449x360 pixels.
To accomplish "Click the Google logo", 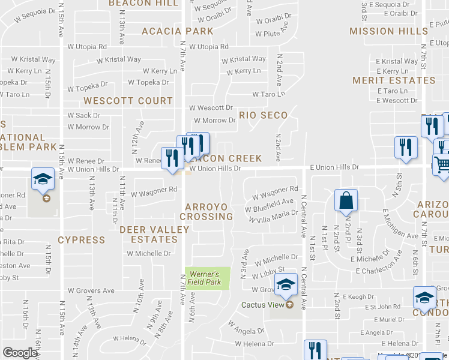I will pyautogui.click(x=20, y=353).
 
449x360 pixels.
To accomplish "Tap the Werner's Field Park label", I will pyautogui.click(x=205, y=278).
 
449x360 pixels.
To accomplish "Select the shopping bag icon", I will pyautogui.click(x=347, y=203).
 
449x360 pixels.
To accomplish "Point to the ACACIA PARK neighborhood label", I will pyautogui.click(x=177, y=31).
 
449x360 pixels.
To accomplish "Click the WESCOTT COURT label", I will pyautogui.click(x=128, y=101).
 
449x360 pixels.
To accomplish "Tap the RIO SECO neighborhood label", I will pyautogui.click(x=264, y=115).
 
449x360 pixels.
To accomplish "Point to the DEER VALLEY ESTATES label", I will pyautogui.click(x=149, y=235).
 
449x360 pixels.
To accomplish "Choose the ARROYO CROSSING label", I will pyautogui.click(x=206, y=212).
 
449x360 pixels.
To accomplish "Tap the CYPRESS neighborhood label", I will pyautogui.click(x=82, y=240).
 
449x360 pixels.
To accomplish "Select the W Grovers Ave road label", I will pyautogui.click(x=91, y=291).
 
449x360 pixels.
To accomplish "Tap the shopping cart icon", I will pyautogui.click(x=442, y=165).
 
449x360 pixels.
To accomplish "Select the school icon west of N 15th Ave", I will pyautogui.click(x=43, y=180).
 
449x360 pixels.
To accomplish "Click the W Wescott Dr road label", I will pyautogui.click(x=211, y=108).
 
